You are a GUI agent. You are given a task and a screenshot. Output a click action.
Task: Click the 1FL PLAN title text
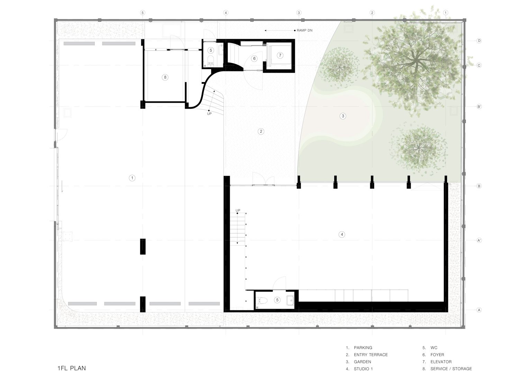click(x=72, y=368)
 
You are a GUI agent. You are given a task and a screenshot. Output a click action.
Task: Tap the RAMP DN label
click(x=304, y=30)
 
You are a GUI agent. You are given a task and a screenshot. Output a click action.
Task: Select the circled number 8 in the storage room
click(x=165, y=77)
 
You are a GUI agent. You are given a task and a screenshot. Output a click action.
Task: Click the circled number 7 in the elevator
click(x=280, y=55)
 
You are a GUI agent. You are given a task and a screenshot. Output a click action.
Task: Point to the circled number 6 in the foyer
click(x=254, y=58)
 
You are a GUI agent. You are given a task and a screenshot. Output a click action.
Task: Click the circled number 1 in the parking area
click(x=132, y=178)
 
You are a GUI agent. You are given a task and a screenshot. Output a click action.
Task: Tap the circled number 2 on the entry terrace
click(x=261, y=131)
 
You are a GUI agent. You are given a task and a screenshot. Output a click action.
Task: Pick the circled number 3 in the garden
click(x=343, y=116)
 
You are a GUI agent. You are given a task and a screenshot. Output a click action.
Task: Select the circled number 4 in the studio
click(x=342, y=234)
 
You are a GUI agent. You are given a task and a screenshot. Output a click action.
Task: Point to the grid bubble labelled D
click(x=479, y=41)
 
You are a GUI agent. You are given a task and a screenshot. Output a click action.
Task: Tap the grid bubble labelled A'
click(x=479, y=240)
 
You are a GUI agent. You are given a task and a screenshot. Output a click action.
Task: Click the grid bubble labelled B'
click(x=479, y=107)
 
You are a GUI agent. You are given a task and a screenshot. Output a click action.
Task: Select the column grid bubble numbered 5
click(x=143, y=13)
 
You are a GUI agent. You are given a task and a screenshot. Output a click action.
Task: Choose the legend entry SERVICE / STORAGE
click(x=451, y=369)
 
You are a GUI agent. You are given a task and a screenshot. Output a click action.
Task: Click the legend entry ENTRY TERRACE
click(x=371, y=355)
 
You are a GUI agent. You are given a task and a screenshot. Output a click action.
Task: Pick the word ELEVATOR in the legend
click(x=441, y=362)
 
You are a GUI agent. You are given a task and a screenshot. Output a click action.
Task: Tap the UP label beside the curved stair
click(x=209, y=114)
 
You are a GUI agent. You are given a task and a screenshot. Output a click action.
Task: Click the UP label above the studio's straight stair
click(x=238, y=210)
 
